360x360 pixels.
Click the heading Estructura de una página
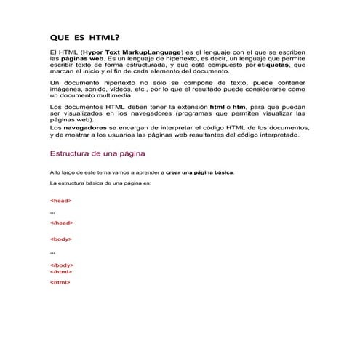click(97, 154)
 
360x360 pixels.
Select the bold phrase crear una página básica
click(200, 172)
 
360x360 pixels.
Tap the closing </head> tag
click(62, 223)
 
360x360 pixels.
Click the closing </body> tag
click(62, 265)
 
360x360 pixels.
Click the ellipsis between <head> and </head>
click(52, 212)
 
